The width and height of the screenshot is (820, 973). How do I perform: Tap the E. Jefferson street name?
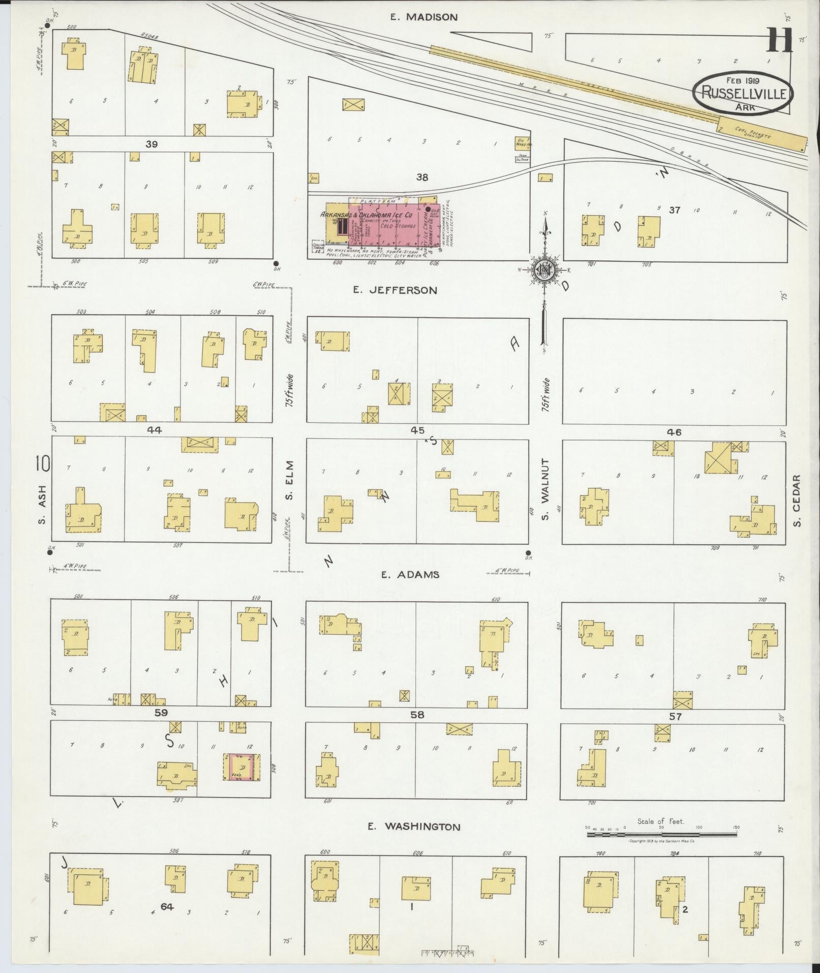395,290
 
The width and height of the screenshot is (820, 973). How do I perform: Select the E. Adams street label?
410,575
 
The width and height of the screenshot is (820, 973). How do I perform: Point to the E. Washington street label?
414,827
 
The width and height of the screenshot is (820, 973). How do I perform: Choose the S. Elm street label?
288,480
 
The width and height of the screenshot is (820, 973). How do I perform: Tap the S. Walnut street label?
545,482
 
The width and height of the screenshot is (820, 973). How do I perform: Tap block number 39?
151,144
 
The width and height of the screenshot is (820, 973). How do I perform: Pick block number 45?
417,430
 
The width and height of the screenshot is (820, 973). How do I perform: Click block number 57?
675,717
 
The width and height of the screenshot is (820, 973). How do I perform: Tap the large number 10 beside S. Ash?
43,463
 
